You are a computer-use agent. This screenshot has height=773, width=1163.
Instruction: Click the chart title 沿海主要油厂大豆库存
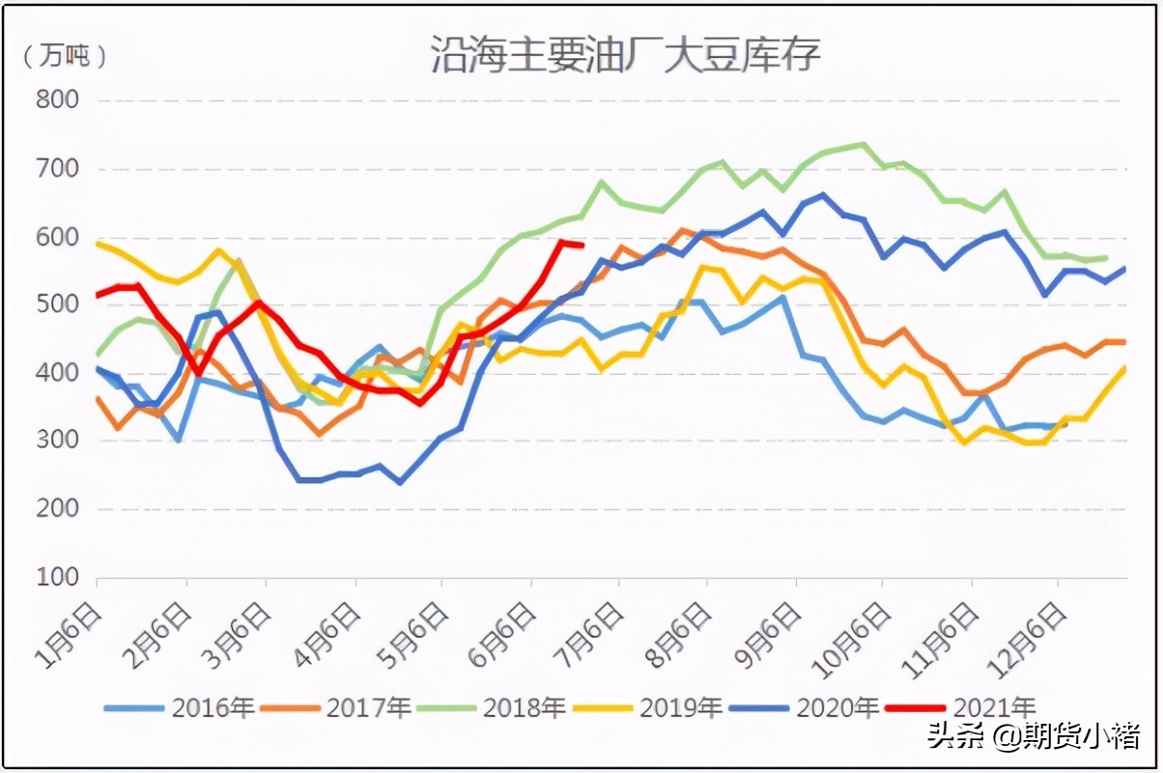[625, 55]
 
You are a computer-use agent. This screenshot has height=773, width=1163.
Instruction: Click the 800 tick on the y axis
[57, 100]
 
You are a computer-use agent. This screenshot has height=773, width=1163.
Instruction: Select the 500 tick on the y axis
[57, 304]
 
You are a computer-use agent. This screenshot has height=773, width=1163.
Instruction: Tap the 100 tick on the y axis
[57, 578]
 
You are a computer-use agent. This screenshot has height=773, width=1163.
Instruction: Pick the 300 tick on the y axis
[57, 442]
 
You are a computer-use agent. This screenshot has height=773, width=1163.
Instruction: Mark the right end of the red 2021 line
[581, 244]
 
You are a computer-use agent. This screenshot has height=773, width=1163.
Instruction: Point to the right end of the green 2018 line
[1105, 258]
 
